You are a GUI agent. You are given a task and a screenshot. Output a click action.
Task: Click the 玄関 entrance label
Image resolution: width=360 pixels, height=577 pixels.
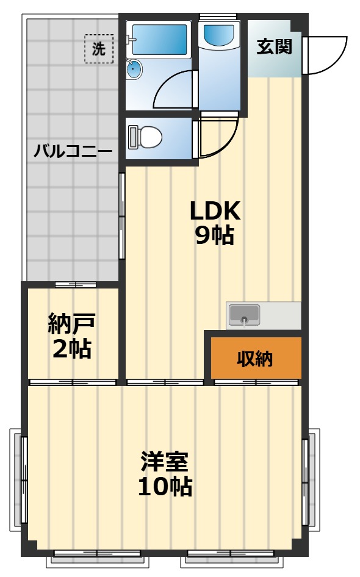tap(274, 46)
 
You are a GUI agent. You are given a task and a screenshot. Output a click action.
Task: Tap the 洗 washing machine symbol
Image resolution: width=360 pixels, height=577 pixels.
tap(98, 49)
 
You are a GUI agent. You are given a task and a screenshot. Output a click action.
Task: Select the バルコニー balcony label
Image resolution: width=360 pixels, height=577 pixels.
tap(72, 150)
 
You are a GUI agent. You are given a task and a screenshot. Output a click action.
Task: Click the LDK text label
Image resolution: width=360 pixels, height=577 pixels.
tap(215, 210)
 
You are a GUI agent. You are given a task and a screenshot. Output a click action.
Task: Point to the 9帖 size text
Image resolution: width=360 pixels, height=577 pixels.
tap(215, 235)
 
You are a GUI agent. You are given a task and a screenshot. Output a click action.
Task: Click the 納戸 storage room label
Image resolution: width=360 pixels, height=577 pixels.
tap(72, 324)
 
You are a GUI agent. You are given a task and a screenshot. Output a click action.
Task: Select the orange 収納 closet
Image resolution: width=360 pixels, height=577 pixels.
tap(256, 359)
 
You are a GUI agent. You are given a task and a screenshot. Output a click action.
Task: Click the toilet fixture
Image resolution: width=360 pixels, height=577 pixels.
tap(145, 137)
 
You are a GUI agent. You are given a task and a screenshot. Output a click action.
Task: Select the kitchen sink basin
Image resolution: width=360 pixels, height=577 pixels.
tap(244, 315)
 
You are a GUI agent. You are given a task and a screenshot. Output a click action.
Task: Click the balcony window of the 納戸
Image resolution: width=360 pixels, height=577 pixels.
tap(75, 285)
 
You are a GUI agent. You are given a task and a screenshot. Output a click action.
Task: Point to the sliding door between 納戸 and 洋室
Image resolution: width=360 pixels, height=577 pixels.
tap(73, 382)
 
